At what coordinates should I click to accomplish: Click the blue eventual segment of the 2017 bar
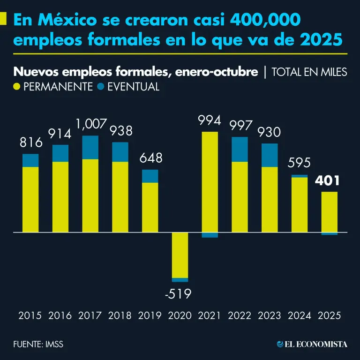pyautogui.click(x=90, y=147)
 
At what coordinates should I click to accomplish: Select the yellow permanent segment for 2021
pyautogui.click(x=210, y=182)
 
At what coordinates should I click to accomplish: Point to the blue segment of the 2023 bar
pyautogui.click(x=270, y=155)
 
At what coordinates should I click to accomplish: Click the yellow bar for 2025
pyautogui.click(x=330, y=212)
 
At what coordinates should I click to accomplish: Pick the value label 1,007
pyautogui.click(x=90, y=125)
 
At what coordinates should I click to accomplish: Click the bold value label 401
pyautogui.click(x=328, y=181)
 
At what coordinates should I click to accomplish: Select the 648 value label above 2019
pyautogui.click(x=150, y=158)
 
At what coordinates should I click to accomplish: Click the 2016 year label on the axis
pyautogui.click(x=60, y=315)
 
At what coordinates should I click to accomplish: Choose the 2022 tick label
pyautogui.click(x=240, y=315)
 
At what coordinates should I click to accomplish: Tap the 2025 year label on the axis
pyautogui.click(x=330, y=315)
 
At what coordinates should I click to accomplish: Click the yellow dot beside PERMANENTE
pyautogui.click(x=17, y=87)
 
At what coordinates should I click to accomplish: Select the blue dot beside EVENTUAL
pyautogui.click(x=100, y=87)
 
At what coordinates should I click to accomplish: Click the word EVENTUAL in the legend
pyautogui.click(x=134, y=87)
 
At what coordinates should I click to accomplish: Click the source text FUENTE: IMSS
pyautogui.click(x=38, y=345)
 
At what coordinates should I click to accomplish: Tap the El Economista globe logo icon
pyautogui.click(x=280, y=345)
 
